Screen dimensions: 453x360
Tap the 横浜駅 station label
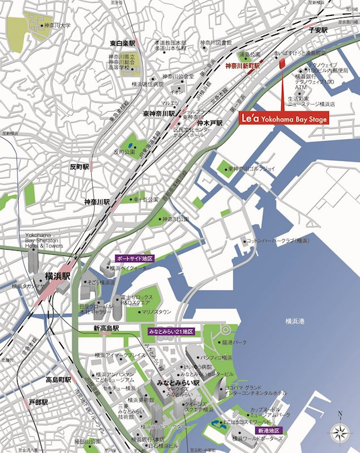(58, 276)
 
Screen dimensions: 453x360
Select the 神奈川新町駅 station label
(242, 66)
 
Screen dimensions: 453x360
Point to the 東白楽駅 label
(123, 43)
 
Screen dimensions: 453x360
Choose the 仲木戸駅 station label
(209, 122)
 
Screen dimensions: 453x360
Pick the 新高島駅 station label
(106, 328)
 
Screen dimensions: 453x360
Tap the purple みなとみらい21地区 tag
(172, 330)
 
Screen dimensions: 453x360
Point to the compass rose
(339, 433)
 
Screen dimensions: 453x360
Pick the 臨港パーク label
(234, 343)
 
